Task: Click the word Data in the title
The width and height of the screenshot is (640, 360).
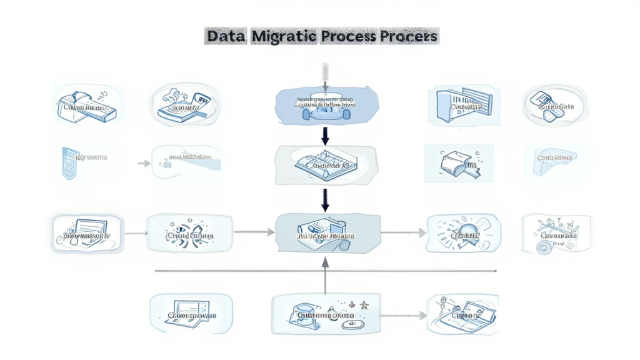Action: click(x=226, y=36)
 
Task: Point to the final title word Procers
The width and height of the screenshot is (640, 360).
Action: click(x=407, y=36)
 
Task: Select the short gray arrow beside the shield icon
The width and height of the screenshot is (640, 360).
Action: click(x=144, y=163)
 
